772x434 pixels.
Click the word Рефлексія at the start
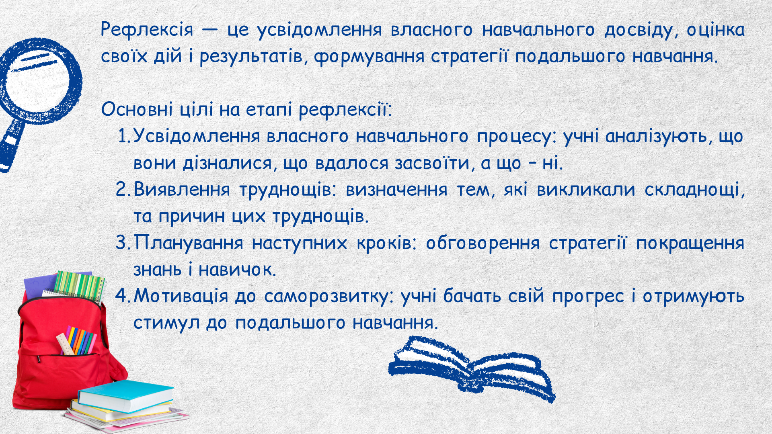(x=147, y=30)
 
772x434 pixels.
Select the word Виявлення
(x=182, y=189)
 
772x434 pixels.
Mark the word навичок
(x=237, y=269)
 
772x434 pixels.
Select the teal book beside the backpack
(x=125, y=396)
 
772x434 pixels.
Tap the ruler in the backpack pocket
(x=66, y=344)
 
